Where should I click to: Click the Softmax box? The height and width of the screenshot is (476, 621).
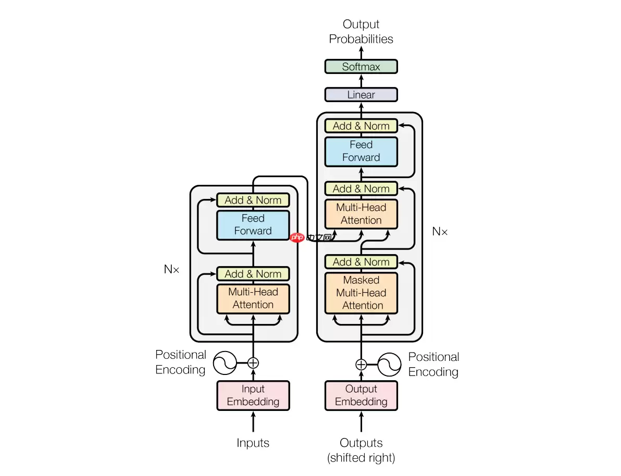(x=361, y=67)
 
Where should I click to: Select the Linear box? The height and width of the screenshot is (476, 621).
(x=361, y=95)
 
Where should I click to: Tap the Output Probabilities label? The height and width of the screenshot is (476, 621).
(x=361, y=32)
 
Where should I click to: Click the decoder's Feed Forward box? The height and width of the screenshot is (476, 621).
(x=361, y=151)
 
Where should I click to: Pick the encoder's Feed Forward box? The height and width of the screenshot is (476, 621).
(x=253, y=225)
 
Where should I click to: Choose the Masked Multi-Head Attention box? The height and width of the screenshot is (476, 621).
(x=361, y=293)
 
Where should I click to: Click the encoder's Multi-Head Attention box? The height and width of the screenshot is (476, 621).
(x=253, y=298)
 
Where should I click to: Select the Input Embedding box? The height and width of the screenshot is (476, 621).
(x=253, y=395)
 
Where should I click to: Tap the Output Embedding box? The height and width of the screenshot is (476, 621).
(x=361, y=395)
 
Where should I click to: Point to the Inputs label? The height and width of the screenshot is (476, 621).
(x=253, y=443)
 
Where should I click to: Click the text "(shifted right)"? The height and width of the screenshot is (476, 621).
(x=361, y=458)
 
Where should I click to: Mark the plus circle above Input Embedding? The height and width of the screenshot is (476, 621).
(x=253, y=362)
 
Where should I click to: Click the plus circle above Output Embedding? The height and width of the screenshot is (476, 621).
(x=361, y=364)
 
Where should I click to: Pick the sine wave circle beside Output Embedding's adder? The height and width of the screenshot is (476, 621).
(x=390, y=364)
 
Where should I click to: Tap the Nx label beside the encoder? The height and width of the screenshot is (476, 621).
(x=171, y=269)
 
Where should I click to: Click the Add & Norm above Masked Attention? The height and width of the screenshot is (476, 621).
(x=361, y=262)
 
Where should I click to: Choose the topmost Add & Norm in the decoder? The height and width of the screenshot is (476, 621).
(x=361, y=126)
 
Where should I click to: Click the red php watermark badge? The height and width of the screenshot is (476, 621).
(x=297, y=237)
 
